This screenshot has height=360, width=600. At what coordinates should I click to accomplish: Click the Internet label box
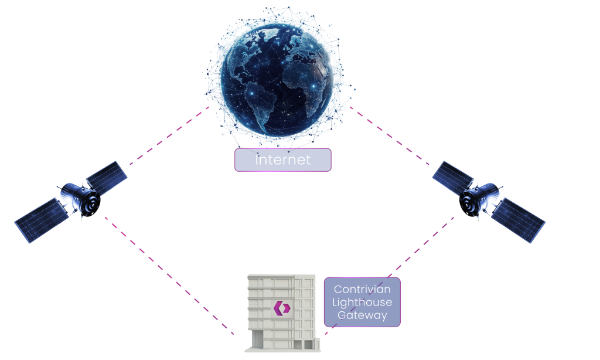click(283, 159)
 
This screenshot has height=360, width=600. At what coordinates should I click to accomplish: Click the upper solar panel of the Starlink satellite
click(107, 175)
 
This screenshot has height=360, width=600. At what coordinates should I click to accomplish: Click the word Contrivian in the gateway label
click(362, 289)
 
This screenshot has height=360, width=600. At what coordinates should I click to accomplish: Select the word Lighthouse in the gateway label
click(362, 302)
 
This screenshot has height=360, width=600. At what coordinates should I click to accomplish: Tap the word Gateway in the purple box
click(362, 315)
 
